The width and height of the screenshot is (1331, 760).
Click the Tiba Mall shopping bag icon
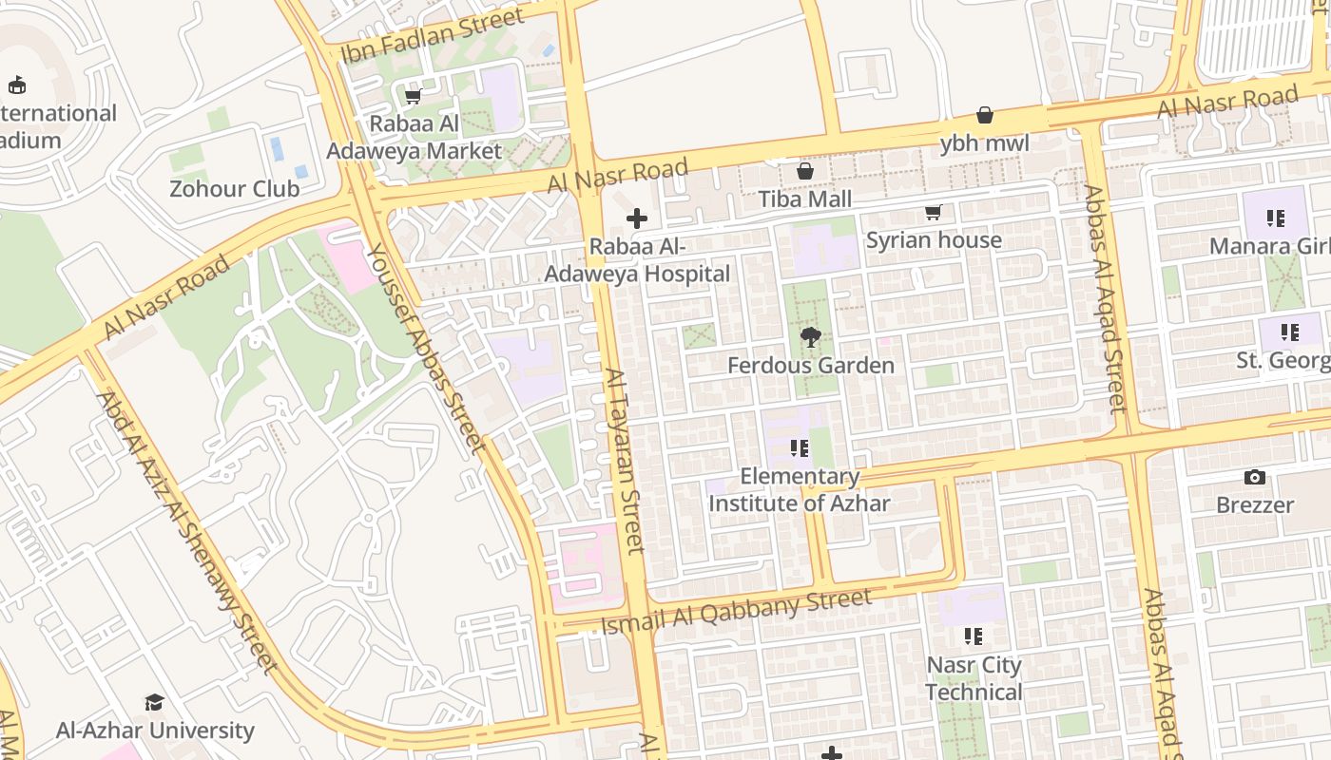(x=805, y=171)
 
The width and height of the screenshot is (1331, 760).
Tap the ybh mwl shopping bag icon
(x=985, y=115)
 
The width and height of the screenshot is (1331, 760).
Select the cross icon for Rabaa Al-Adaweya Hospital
(x=637, y=218)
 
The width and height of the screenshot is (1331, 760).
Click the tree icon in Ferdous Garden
(x=811, y=336)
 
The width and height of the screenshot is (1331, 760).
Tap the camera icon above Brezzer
(x=1255, y=477)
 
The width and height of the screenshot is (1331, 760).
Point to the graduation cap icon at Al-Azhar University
(x=154, y=702)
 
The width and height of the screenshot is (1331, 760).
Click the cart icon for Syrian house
(x=934, y=213)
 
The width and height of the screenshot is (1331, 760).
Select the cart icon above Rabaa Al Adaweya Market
(x=414, y=96)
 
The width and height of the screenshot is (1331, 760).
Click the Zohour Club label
(x=234, y=188)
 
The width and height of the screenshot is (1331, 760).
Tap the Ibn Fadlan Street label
(x=433, y=35)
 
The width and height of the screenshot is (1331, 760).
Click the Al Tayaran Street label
(x=625, y=461)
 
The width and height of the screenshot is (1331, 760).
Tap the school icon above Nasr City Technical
(x=973, y=636)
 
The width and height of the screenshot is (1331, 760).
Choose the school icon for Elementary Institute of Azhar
(x=800, y=447)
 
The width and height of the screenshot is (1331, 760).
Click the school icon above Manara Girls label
(x=1276, y=218)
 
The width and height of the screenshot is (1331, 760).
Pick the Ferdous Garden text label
(x=811, y=365)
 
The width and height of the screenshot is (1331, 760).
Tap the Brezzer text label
(x=1255, y=504)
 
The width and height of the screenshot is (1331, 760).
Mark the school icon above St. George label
(x=1289, y=332)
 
